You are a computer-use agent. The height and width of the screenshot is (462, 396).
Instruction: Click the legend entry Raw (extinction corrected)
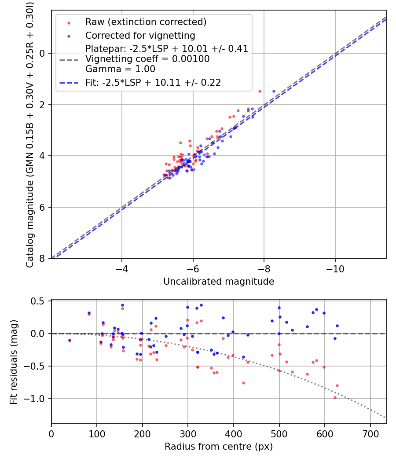146,22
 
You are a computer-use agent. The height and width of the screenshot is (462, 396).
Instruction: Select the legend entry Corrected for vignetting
140,35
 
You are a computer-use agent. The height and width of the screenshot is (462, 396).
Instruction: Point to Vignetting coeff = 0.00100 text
147,59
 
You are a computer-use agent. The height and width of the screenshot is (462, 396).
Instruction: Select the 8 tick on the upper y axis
43,258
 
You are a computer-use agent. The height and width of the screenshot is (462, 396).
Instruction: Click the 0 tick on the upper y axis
43,53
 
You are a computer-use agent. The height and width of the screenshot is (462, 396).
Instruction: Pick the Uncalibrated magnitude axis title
219,282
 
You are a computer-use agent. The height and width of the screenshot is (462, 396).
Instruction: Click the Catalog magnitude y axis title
29,134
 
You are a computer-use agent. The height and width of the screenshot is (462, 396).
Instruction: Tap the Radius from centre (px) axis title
219,447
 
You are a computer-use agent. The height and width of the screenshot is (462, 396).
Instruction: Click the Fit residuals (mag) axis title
14,362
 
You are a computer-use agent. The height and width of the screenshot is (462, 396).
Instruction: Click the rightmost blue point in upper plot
274,91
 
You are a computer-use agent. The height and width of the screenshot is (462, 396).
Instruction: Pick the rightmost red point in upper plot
260,91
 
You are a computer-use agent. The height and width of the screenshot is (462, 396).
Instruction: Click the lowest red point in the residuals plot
335,397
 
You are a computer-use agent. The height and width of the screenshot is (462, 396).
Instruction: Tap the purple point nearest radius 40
70,340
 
